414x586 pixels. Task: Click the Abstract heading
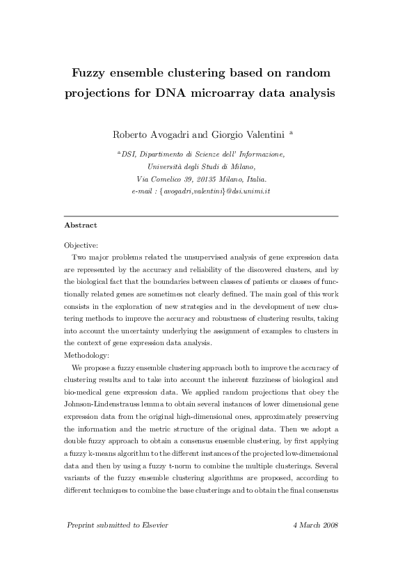click(80, 225)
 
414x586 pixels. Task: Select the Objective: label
click(81, 245)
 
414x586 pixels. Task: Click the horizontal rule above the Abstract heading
click(200, 216)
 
